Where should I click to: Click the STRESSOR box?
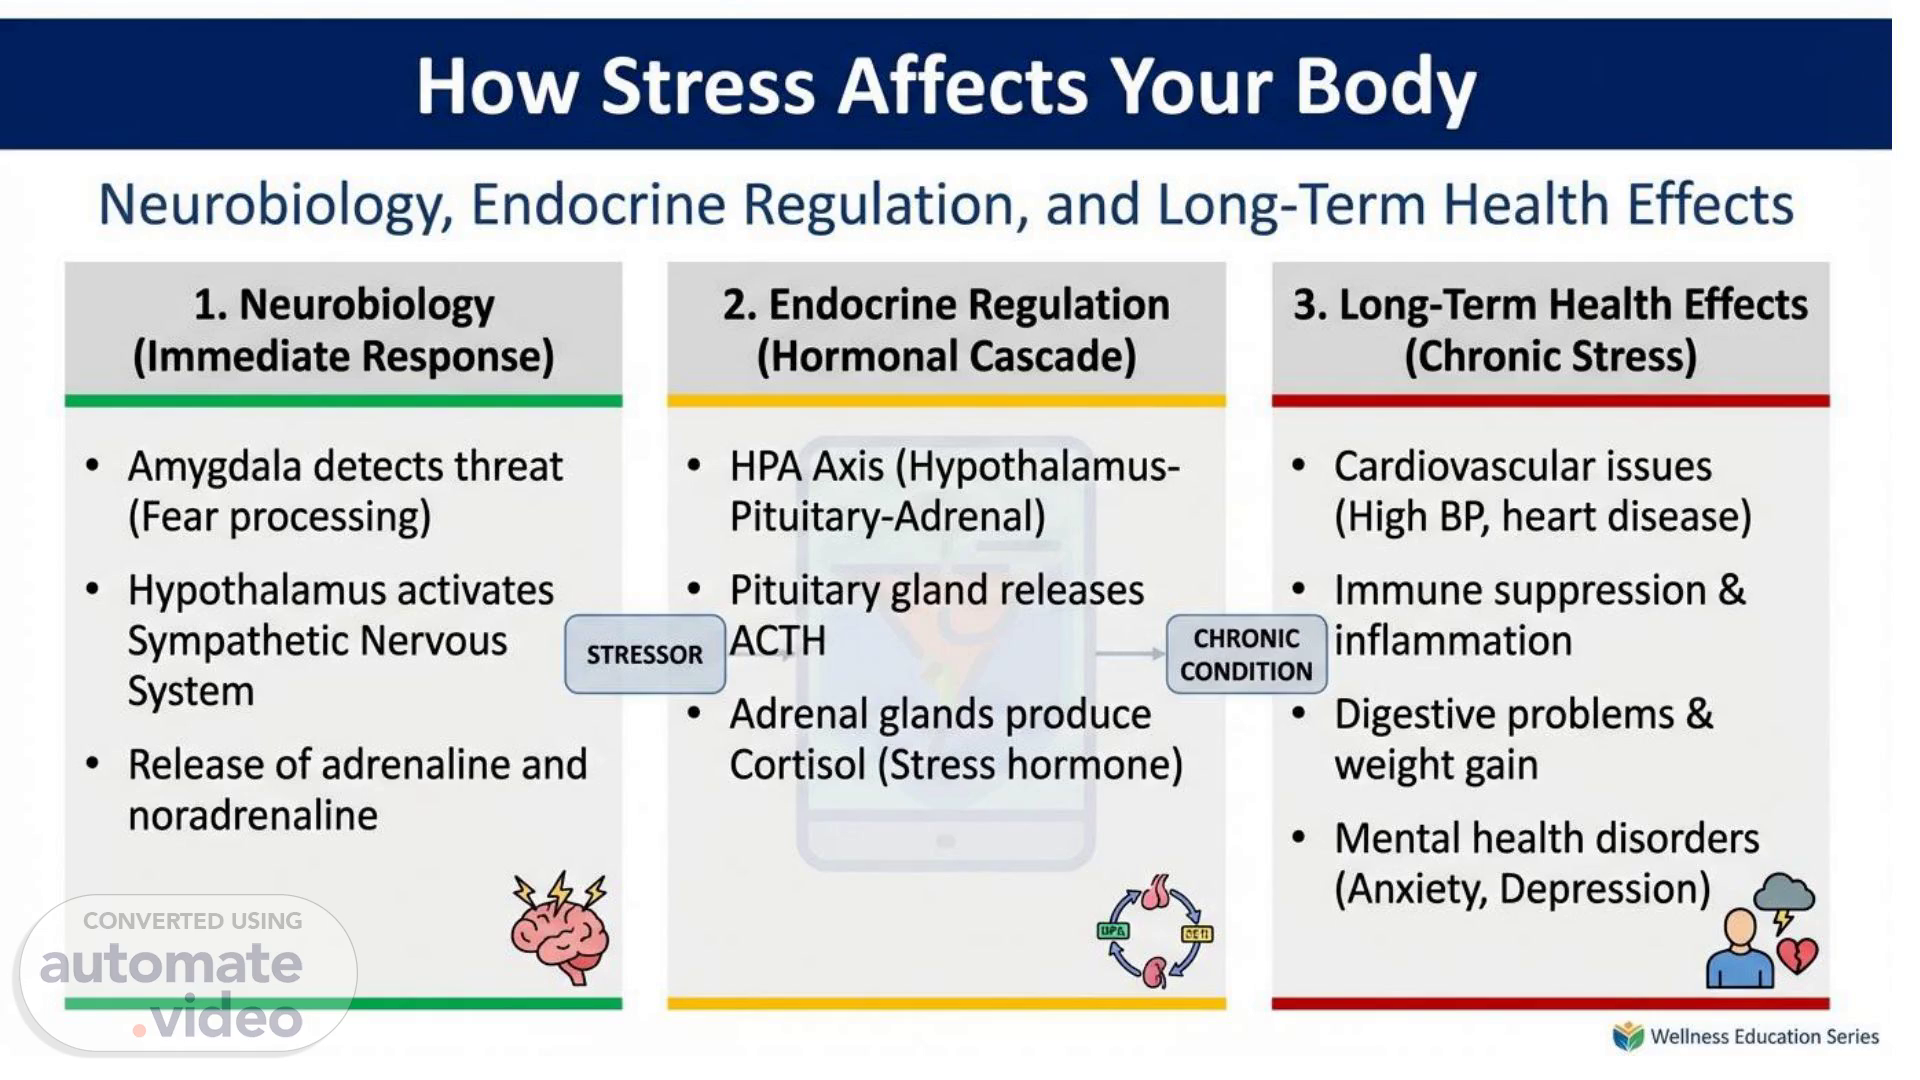click(x=645, y=654)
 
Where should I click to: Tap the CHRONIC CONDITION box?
click(x=1246, y=654)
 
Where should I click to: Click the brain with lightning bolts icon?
click(x=560, y=929)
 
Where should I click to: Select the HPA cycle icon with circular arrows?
click(x=1155, y=931)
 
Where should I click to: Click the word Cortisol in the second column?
click(x=797, y=765)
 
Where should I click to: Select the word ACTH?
click(x=778, y=641)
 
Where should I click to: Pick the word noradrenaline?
click(x=253, y=815)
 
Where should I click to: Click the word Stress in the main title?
click(x=708, y=85)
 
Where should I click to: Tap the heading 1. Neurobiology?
click(x=344, y=305)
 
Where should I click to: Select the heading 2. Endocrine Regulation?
click(x=946, y=304)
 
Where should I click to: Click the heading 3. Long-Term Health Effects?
click(x=1551, y=304)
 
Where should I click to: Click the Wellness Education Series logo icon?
click(x=1628, y=1037)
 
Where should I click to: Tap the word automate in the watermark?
click(x=171, y=964)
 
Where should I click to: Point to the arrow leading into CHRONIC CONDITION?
click(x=1131, y=654)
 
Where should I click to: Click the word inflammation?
click(x=1453, y=641)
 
